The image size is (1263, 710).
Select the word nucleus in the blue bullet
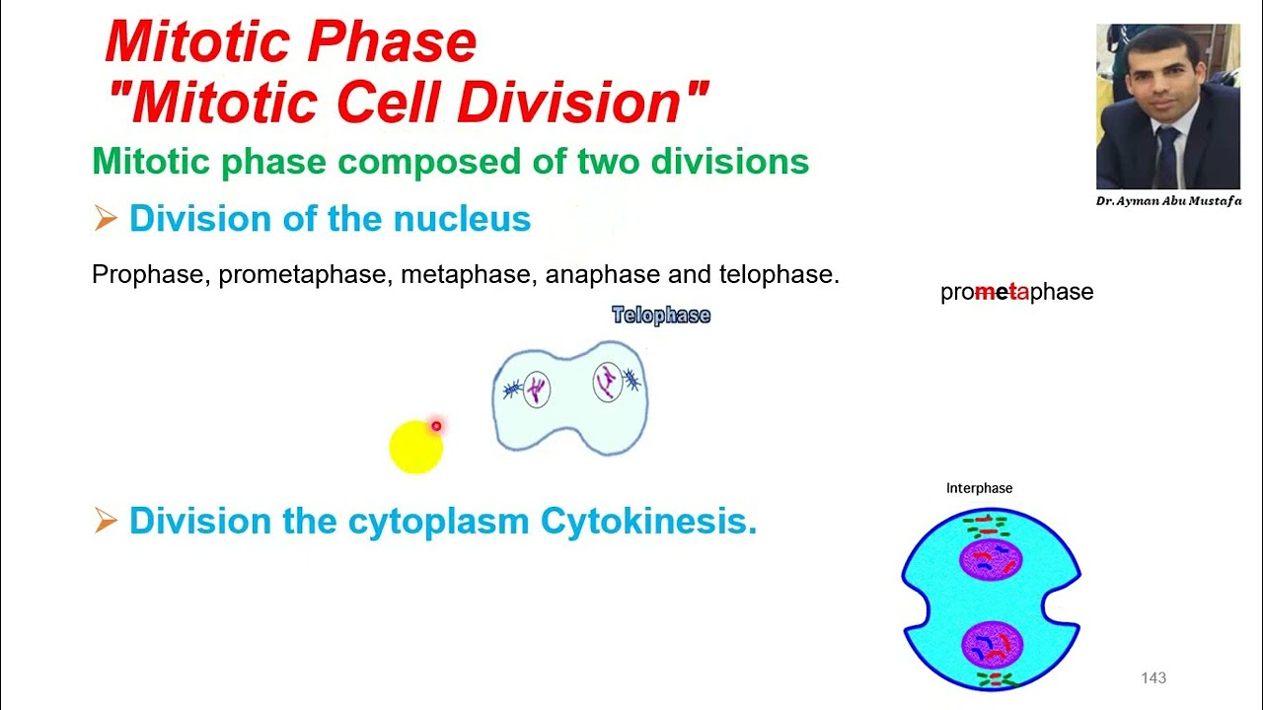tap(462, 219)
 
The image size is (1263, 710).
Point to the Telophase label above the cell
tap(661, 316)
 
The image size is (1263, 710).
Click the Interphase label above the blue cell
tap(979, 488)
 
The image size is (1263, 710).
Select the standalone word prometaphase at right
tap(1016, 292)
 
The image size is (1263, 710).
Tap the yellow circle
tap(415, 449)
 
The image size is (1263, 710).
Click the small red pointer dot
tap(436, 426)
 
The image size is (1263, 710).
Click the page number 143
tap(1152, 677)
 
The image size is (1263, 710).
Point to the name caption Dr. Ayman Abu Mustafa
tap(1168, 201)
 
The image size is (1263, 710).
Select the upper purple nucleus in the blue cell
tap(991, 560)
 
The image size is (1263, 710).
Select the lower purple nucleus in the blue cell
tap(991, 645)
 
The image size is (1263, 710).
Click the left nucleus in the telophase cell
tap(536, 390)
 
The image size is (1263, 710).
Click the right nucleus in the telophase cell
tap(608, 382)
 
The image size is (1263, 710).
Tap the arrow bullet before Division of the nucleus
tap(106, 219)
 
